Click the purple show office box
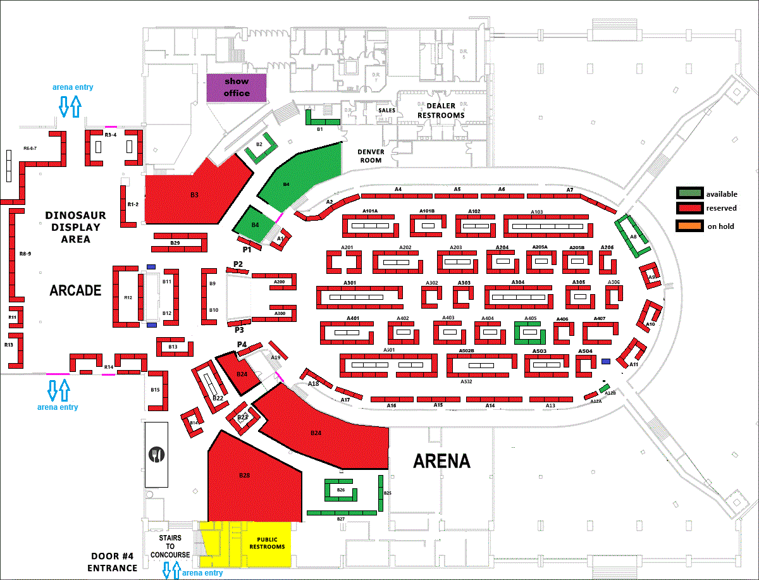[x=237, y=87]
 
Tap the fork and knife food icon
[x=157, y=454]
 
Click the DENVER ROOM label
[x=371, y=156]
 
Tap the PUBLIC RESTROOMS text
[x=267, y=543]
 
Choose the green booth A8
[x=633, y=235]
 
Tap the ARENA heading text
[x=441, y=461]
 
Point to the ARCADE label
[x=76, y=290]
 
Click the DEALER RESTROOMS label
[x=445, y=111]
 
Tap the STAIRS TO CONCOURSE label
[x=170, y=546]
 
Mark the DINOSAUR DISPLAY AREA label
[x=75, y=227]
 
